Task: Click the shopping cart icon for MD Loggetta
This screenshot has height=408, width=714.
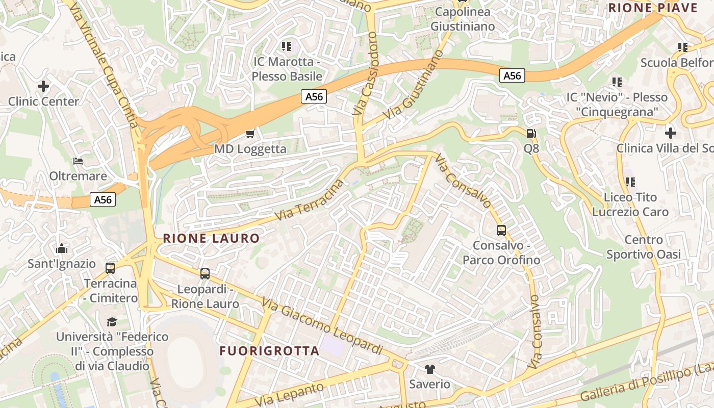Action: (250, 134)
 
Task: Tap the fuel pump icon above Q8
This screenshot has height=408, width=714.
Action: (531, 134)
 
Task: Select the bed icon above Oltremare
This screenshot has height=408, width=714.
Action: (78, 161)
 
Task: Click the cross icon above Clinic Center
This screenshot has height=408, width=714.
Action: (43, 86)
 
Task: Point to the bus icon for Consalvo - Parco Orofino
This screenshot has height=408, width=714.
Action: (501, 231)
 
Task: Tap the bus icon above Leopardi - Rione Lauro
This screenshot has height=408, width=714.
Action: (205, 274)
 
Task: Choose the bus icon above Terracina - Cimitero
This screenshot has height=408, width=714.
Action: (110, 268)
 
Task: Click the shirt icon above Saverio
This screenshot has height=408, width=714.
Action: (430, 369)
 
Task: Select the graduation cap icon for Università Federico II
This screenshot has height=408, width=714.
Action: (112, 322)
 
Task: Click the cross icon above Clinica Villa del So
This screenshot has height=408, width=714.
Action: (671, 133)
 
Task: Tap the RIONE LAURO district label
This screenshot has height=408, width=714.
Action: (211, 238)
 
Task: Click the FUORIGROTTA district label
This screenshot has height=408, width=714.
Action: (269, 351)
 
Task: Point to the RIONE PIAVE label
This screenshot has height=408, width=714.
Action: (653, 8)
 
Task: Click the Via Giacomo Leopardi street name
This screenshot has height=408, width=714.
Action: (322, 326)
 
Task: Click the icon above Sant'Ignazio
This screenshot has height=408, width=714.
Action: (62, 248)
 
